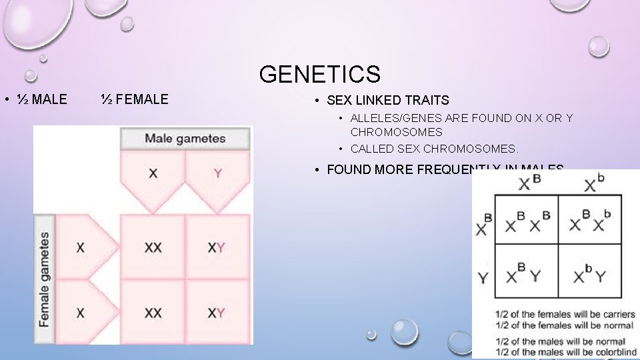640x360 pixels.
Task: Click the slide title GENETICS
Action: click(x=320, y=74)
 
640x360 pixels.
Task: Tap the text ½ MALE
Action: click(x=41, y=100)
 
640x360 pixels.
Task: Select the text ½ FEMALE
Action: click(x=135, y=100)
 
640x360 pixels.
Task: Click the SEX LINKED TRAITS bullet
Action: click(x=387, y=101)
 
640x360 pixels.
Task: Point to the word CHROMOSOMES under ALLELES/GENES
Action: click(x=396, y=132)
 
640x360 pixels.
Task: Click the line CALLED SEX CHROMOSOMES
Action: click(x=434, y=149)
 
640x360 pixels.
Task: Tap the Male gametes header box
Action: click(x=185, y=139)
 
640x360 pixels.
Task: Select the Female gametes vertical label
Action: click(x=44, y=279)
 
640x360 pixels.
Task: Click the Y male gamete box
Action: click(x=218, y=174)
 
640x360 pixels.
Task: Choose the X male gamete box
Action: click(x=153, y=174)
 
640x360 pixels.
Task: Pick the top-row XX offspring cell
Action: click(x=153, y=247)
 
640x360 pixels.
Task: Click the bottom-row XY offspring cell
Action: click(x=216, y=312)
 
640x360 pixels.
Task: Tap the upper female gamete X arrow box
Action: click(x=81, y=247)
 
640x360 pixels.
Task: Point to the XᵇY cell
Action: click(x=588, y=273)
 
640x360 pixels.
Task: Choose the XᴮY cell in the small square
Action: click(x=524, y=273)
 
